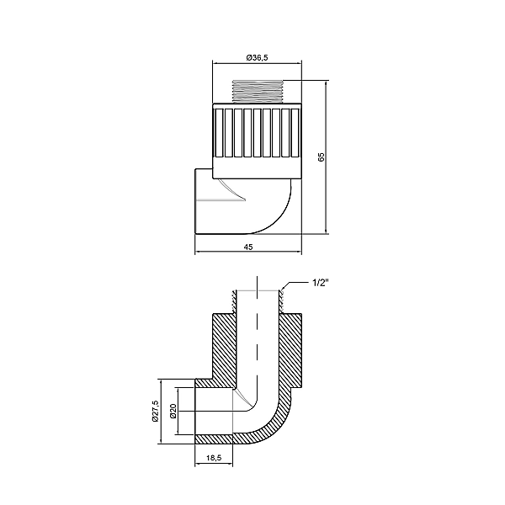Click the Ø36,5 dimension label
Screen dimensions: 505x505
(x=257, y=57)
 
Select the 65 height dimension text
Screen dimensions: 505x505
(x=321, y=157)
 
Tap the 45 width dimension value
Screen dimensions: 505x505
(x=248, y=247)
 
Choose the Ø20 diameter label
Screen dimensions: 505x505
(x=173, y=412)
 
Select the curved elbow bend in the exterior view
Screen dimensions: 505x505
(x=278, y=210)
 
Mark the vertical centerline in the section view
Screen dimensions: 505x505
(x=257, y=337)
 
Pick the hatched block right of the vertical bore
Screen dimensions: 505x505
(x=290, y=345)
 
